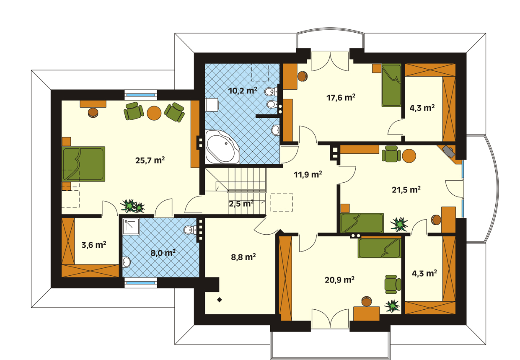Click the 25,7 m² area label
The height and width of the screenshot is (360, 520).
tap(150, 160)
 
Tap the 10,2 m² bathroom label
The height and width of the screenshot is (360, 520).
tap(243, 91)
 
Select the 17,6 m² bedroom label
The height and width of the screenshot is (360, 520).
tap(341, 98)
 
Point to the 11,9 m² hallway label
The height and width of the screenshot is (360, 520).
tap(308, 174)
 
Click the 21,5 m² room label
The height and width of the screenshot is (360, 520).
tap(406, 190)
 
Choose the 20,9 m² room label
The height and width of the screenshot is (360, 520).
tap(339, 280)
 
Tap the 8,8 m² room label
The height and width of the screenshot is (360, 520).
tap(243, 257)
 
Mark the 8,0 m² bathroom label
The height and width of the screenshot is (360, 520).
tap(163, 253)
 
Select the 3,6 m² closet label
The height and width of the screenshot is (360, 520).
tap(94, 245)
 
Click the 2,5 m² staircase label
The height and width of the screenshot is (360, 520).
tap(241, 204)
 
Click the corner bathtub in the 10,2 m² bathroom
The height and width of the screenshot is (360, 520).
tap(222, 147)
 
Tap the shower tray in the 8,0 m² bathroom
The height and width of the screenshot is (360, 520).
tap(131, 226)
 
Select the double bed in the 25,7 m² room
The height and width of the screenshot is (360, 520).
tap(83, 164)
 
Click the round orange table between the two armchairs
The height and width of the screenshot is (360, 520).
tap(154, 113)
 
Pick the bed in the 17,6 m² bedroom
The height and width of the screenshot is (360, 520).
tap(392, 85)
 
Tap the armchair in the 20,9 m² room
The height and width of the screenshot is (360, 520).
tap(393, 285)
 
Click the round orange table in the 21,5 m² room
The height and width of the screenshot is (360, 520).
tap(409, 155)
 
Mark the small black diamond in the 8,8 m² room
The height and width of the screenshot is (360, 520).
tap(220, 300)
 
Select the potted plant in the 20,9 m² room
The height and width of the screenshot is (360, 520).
tap(392, 306)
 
